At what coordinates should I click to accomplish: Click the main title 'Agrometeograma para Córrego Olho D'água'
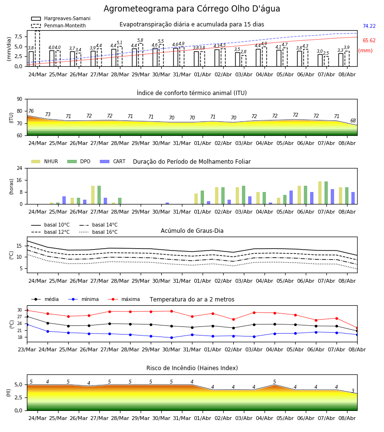click(192, 9)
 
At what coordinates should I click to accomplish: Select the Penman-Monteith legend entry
click(59, 25)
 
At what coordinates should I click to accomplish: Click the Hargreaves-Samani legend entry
click(60, 18)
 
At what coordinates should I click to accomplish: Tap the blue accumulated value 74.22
click(369, 26)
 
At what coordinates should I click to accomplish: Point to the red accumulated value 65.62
click(369, 40)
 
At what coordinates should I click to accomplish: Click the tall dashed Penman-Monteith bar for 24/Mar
click(37, 48)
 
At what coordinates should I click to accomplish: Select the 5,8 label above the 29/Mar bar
click(140, 40)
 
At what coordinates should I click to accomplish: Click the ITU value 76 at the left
click(31, 111)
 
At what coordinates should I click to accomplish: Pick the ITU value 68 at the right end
click(353, 120)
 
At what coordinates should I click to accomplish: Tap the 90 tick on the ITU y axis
click(20, 99)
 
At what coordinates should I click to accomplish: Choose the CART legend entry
click(113, 161)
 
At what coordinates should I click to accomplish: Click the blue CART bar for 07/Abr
click(333, 197)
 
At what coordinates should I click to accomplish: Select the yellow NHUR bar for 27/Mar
click(93, 195)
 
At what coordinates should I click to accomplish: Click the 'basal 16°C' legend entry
click(98, 232)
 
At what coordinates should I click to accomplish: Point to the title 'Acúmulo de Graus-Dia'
click(192, 230)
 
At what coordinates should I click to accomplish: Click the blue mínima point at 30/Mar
click(172, 337)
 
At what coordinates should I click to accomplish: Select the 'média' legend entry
click(45, 299)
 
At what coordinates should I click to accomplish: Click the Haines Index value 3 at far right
click(353, 391)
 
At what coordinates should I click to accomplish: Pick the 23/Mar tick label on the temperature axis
click(27, 349)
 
